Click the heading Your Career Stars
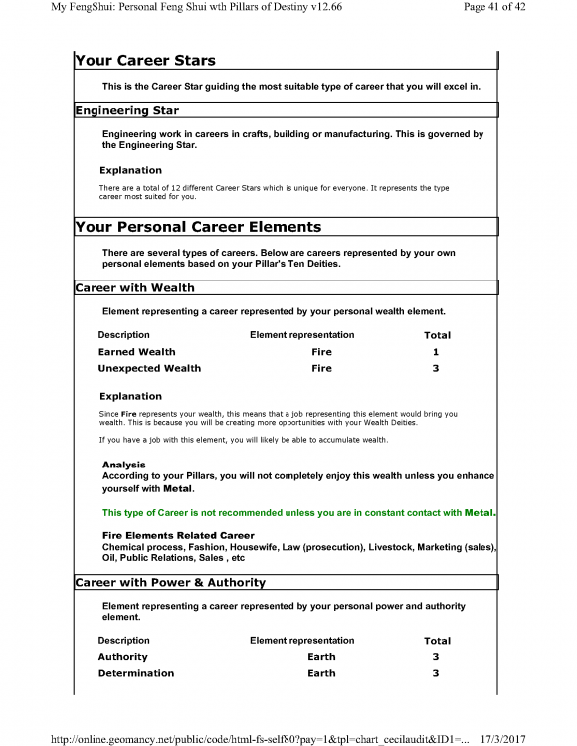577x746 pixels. (x=144, y=62)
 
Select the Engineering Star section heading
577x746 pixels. (x=126, y=110)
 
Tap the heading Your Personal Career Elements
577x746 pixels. (x=197, y=227)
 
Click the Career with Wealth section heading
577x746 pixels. (x=134, y=288)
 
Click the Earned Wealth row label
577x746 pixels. (x=136, y=352)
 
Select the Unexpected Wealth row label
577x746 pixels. (x=149, y=368)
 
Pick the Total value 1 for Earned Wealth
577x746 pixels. (x=436, y=352)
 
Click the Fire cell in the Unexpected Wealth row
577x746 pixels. (x=321, y=368)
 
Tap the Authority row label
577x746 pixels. (x=122, y=657)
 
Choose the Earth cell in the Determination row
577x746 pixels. (x=321, y=673)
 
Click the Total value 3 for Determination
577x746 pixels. (x=436, y=673)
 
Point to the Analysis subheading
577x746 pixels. (x=123, y=465)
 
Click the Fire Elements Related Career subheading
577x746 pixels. (x=178, y=536)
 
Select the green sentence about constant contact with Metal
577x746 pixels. (x=298, y=513)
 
